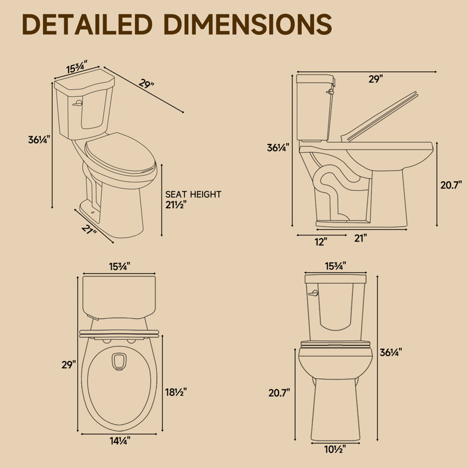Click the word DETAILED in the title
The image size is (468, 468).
87,25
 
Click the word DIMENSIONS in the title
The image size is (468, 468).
247,25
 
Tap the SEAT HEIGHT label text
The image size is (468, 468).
193,194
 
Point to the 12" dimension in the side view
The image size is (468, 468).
321,242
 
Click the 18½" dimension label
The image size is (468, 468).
176,392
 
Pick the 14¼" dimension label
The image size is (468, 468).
120,441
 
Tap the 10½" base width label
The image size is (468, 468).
335,449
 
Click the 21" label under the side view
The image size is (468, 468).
360,238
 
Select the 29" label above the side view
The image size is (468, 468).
376,79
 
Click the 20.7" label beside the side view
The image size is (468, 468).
451,185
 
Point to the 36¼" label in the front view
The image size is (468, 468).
391,353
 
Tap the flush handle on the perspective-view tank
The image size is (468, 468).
77,104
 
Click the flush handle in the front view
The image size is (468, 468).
314,294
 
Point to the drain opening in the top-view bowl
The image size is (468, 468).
119,362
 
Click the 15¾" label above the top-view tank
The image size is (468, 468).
119,267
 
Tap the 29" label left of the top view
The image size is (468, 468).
69,364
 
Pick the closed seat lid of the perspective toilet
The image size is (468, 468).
121,156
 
